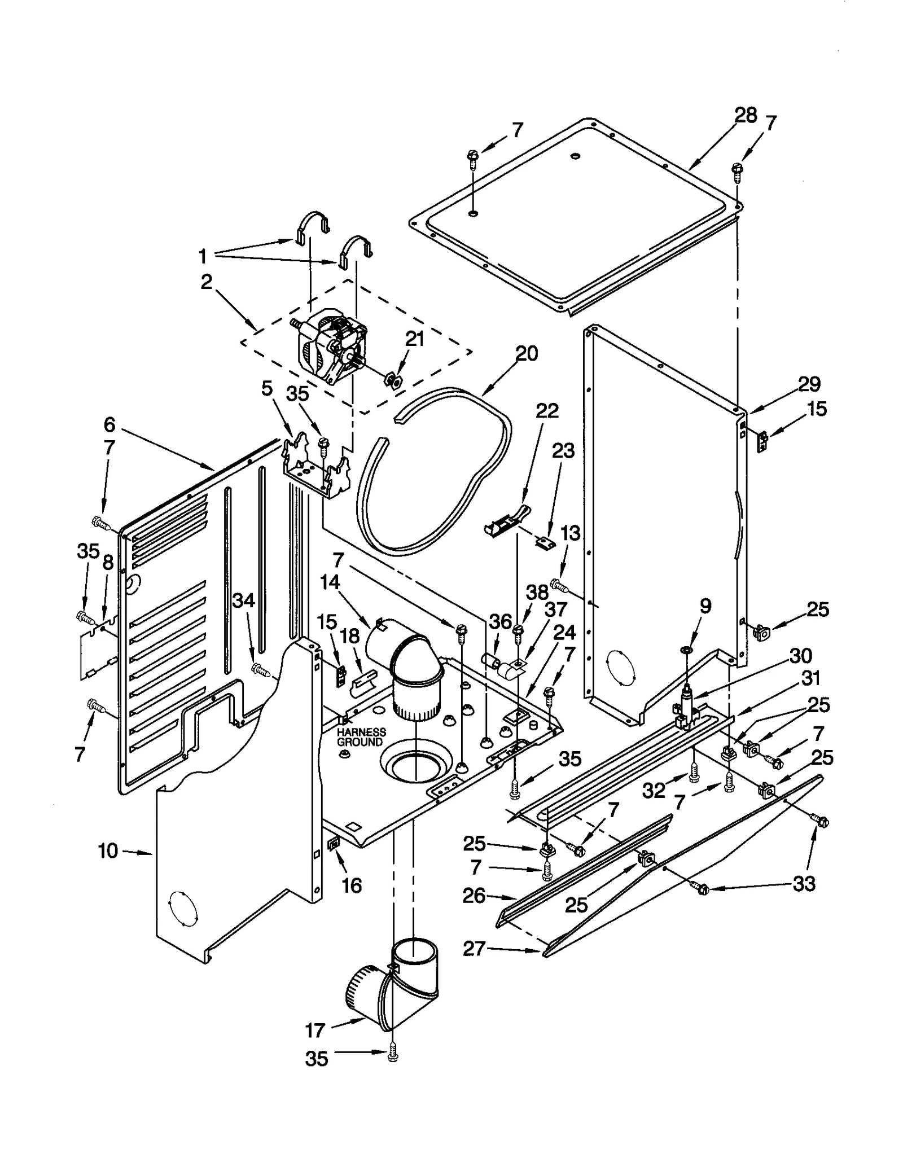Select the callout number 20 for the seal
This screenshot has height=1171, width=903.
tap(527, 354)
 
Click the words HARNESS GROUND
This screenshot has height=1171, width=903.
tap(361, 737)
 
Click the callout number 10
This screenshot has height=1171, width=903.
tap(108, 850)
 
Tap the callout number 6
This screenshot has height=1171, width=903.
tap(109, 424)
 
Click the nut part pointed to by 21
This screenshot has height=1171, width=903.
tap(393, 380)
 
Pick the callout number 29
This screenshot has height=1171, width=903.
tap(808, 384)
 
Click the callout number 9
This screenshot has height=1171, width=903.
tap(705, 606)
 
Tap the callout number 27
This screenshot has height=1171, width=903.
tap(474, 949)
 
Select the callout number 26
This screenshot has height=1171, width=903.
tap(474, 896)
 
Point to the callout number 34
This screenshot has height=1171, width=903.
tap(244, 601)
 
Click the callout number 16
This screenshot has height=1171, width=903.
tap(352, 885)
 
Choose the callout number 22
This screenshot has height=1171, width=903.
tap(546, 411)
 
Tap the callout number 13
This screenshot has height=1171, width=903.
tap(571, 532)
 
